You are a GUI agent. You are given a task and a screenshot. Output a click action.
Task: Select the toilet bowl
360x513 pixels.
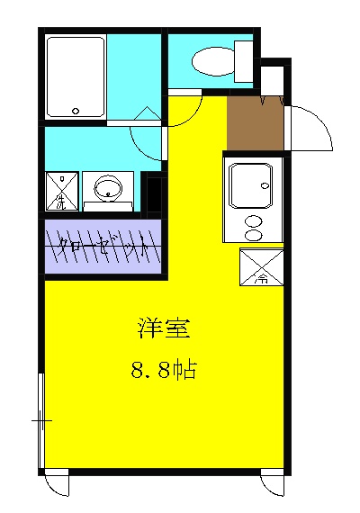[210, 61]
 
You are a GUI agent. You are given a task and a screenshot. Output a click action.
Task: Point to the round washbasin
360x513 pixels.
[108, 188]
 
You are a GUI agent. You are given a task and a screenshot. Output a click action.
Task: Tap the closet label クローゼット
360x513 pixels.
[102, 244]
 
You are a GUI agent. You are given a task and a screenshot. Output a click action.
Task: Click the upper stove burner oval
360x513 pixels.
[255, 221]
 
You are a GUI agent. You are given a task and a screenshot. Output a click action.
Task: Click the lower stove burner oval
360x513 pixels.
[255, 235]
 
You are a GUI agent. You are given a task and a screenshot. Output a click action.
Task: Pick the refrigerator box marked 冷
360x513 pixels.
[262, 267]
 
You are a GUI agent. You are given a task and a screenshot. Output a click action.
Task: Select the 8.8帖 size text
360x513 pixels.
[165, 368]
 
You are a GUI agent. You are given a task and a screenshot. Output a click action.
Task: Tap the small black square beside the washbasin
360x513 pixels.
[153, 193]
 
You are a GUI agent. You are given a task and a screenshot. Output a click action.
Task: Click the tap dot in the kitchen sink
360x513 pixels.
[266, 184]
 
